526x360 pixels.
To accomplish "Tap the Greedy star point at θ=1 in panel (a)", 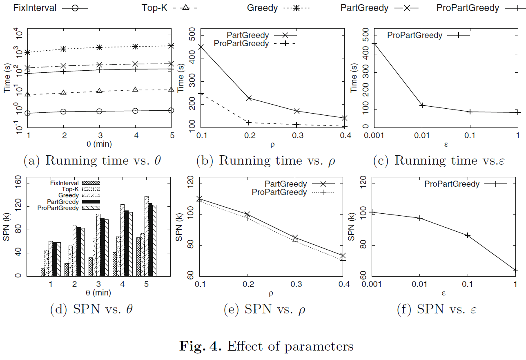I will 28,52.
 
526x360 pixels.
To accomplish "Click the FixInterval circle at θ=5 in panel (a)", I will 171,110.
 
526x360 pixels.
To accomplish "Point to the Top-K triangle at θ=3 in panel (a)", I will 99,91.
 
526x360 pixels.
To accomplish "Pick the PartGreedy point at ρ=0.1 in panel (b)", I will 201,47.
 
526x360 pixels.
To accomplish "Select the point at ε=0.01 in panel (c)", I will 422,105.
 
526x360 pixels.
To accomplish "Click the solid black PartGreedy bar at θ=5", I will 149,239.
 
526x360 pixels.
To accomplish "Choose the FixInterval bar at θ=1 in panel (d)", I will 42,272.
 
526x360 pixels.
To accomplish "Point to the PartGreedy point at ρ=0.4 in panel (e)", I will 343,256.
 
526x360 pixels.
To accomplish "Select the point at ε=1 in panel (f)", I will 515,270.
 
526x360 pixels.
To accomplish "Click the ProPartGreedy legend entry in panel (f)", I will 452,184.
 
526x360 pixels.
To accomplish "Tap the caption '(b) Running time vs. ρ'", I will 266,161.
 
